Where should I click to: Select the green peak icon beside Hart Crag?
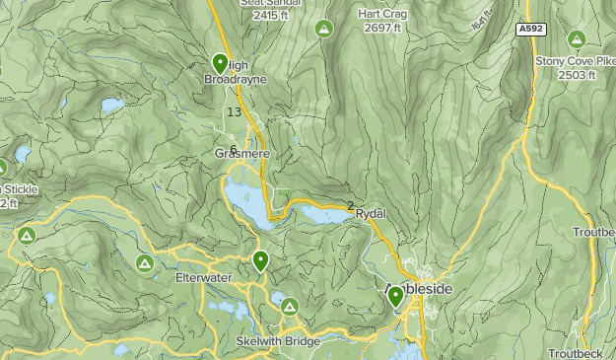tap(322, 29)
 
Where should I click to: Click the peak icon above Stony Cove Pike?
tap(577, 39)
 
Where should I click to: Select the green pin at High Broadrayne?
tap(219, 64)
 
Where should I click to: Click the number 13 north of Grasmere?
tap(234, 112)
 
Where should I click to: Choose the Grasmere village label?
tap(241, 154)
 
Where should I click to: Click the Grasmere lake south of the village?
tap(246, 202)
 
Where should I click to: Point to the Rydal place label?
tap(372, 213)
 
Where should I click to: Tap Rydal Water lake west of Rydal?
tap(320, 214)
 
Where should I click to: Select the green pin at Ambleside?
tap(395, 296)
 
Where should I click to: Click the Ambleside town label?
tap(425, 289)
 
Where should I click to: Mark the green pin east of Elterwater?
tap(260, 261)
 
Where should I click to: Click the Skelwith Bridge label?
tap(278, 340)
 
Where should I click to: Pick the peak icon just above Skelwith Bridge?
tap(290, 308)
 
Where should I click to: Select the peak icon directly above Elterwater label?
tap(145, 263)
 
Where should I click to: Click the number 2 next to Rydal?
tap(350, 206)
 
